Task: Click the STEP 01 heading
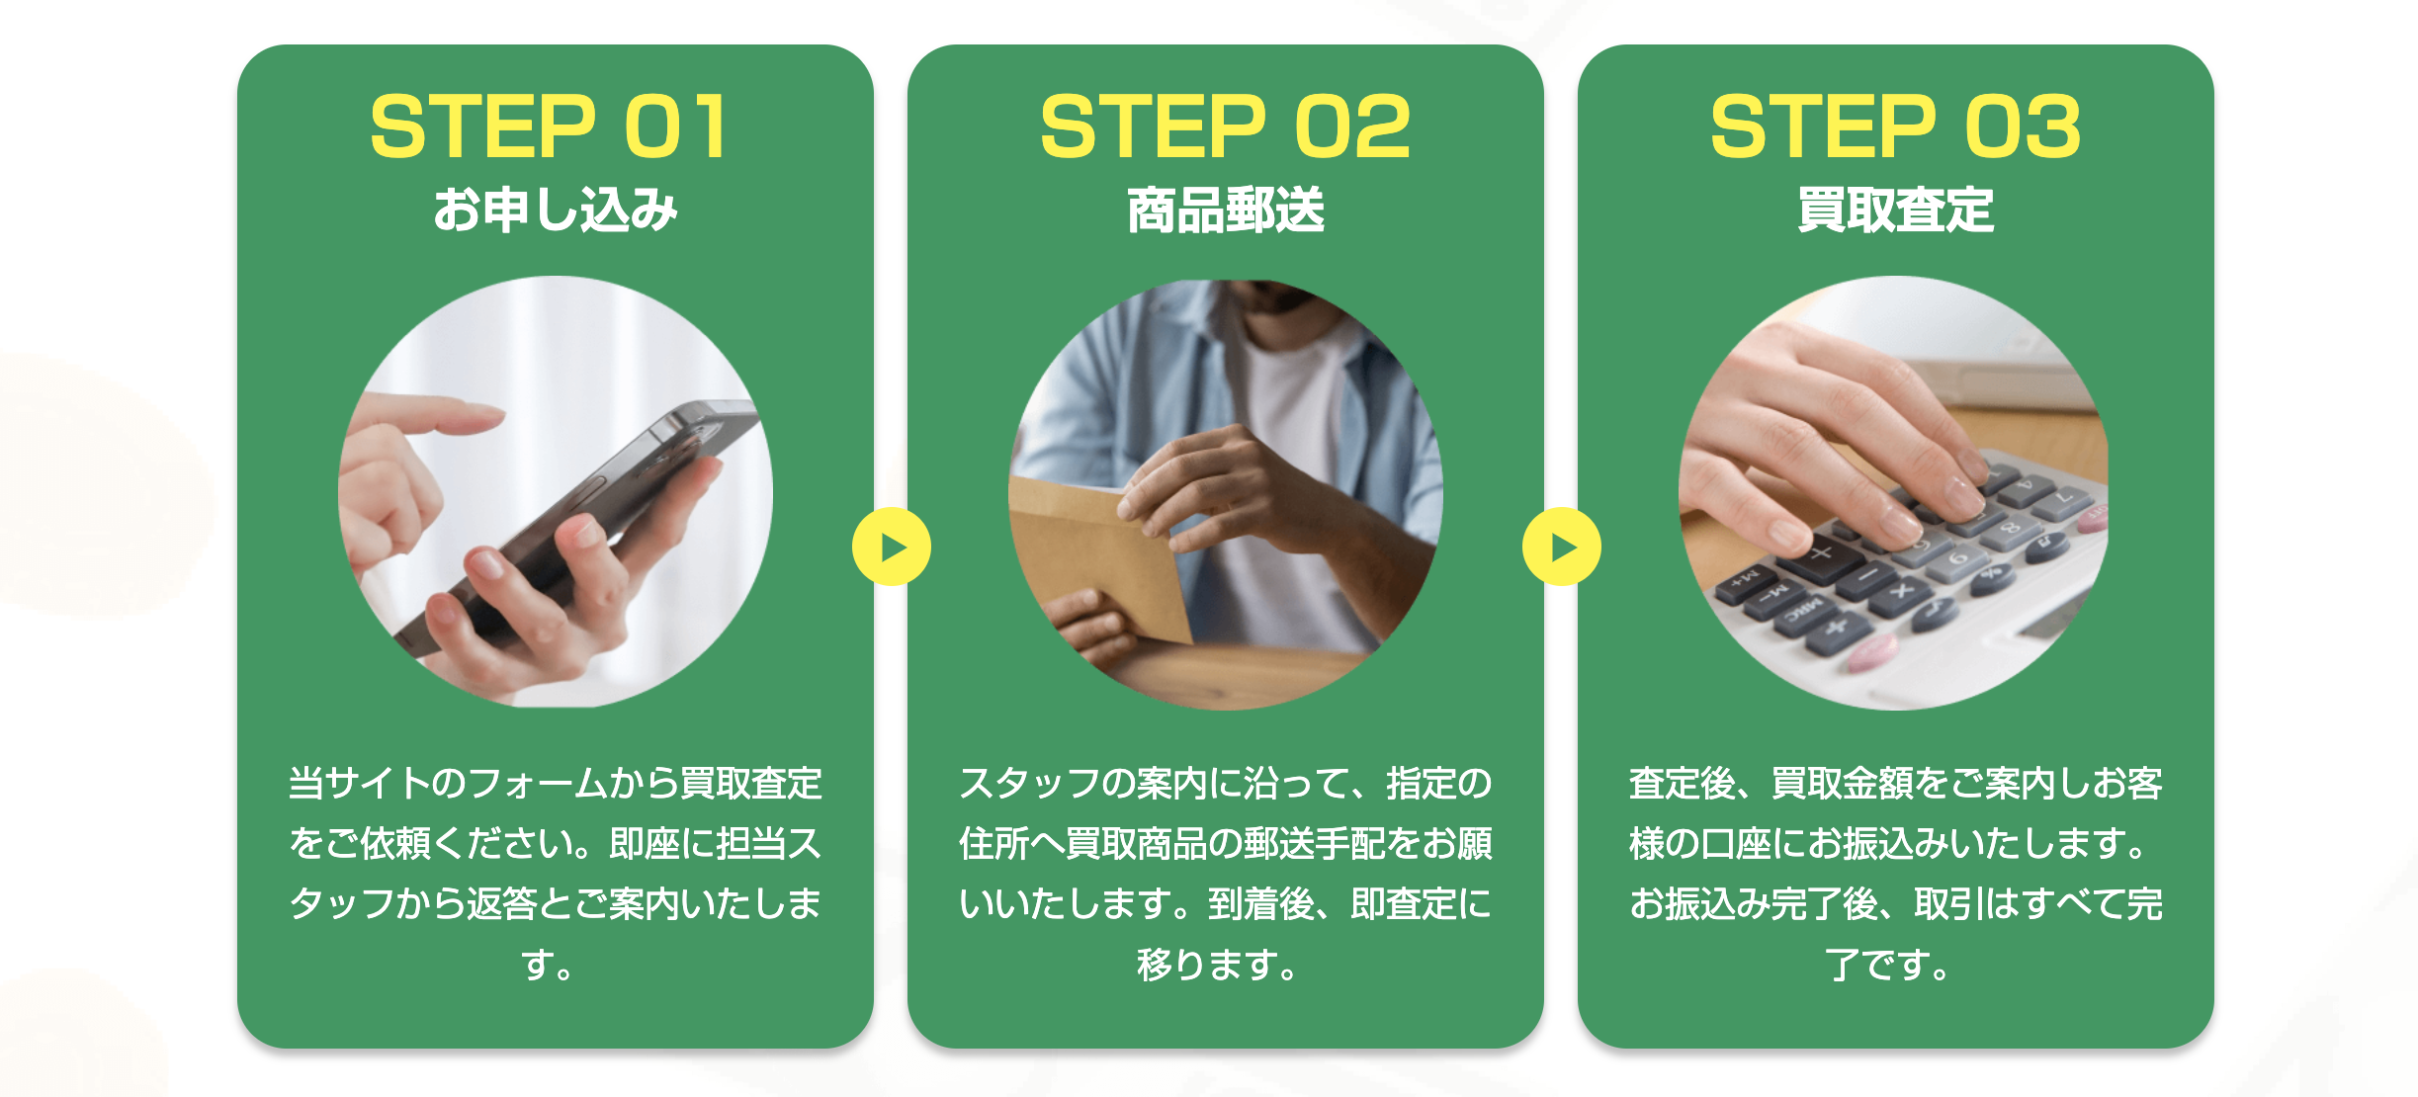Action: (550, 127)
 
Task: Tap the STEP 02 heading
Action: (1225, 127)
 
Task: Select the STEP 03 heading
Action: (1895, 127)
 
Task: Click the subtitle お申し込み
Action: (556, 210)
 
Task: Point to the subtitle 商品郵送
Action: (1226, 210)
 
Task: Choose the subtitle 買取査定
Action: (1896, 210)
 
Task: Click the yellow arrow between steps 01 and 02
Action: (892, 547)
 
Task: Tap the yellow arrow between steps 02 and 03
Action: (1562, 547)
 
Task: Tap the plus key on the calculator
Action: (1820, 554)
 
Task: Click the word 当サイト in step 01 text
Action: (359, 783)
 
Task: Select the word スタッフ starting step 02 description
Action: (1029, 783)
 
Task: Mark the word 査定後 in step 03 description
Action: (1682, 783)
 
